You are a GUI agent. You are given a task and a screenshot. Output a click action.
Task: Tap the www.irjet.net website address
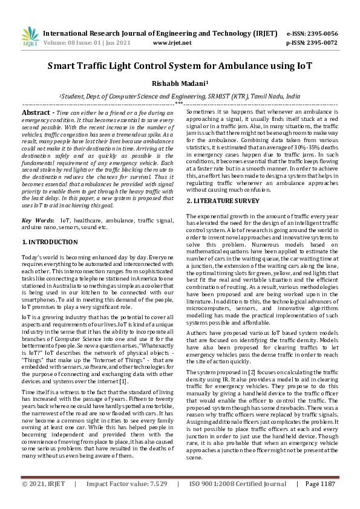[x=172, y=44]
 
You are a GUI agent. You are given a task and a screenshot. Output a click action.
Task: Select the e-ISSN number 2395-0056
[x=322, y=34]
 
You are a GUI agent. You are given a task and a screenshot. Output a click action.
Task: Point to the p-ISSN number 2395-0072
[x=322, y=44]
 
